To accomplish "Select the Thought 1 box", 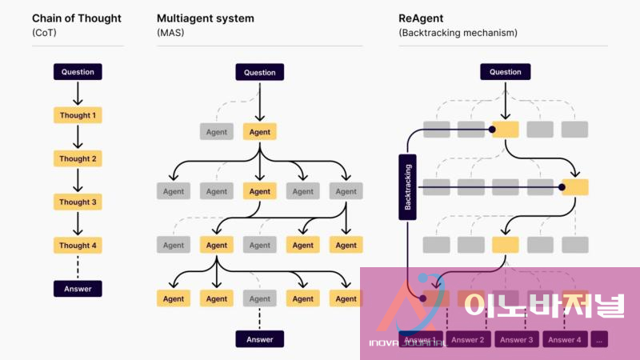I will click(x=78, y=115).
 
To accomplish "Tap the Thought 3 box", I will click(x=78, y=202).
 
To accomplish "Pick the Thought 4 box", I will click(x=78, y=246).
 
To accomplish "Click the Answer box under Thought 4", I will click(x=78, y=289).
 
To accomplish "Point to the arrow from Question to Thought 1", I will click(x=78, y=93).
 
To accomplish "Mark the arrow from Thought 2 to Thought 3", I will click(x=78, y=180).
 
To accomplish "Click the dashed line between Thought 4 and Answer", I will click(x=78, y=267).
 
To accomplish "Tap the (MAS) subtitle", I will click(x=170, y=33).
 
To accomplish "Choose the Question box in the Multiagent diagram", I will click(x=259, y=72).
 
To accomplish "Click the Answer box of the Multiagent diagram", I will click(x=259, y=339).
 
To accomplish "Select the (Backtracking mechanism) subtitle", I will click(x=458, y=33).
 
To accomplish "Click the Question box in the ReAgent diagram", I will click(x=505, y=72).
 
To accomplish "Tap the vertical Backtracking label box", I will click(x=407, y=187).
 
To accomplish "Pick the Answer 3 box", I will click(x=517, y=340).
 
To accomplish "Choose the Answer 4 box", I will click(x=565, y=340).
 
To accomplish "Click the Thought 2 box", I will click(x=78, y=158).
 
